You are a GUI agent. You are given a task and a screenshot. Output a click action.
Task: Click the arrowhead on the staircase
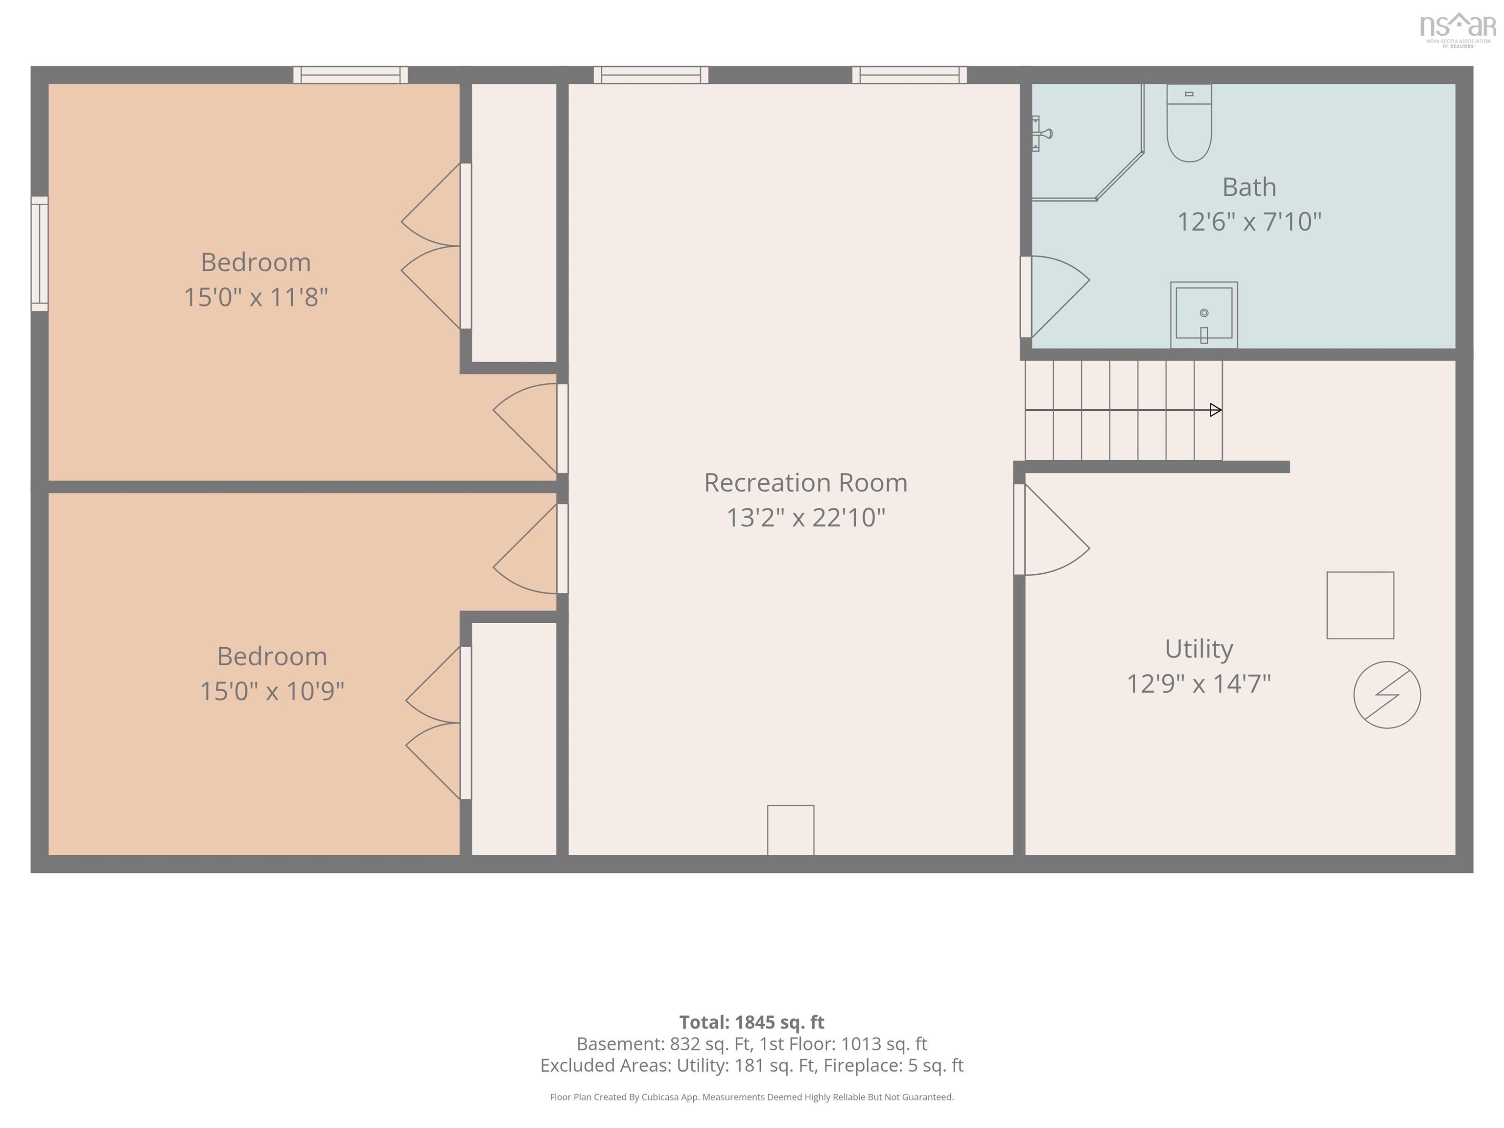pos(1216,410)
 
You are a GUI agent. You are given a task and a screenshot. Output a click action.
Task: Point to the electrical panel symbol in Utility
pos(1387,695)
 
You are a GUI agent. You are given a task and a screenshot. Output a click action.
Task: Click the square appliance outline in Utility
pos(1361,605)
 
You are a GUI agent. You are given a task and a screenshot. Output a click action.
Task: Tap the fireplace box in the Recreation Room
pos(791,830)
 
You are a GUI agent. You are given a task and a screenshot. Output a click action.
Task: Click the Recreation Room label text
pos(806,483)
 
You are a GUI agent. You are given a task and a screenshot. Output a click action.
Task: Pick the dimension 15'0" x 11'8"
pos(257,297)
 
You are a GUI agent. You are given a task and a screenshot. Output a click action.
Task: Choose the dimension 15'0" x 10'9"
pos(272,691)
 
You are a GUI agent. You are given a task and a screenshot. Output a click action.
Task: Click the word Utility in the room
pos(1198,649)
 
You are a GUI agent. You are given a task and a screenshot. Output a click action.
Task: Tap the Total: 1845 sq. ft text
pos(752,1022)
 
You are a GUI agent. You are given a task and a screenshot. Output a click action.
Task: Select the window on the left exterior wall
pos(40,254)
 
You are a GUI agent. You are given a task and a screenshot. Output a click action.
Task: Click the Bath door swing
pos(1055,297)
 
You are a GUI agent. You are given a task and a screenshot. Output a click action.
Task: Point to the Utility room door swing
pos(1052,529)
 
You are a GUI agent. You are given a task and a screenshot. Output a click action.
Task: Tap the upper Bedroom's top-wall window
pos(350,75)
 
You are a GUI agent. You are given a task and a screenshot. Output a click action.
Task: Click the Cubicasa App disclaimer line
pos(752,1097)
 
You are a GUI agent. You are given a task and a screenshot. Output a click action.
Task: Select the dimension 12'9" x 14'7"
pos(1198,683)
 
